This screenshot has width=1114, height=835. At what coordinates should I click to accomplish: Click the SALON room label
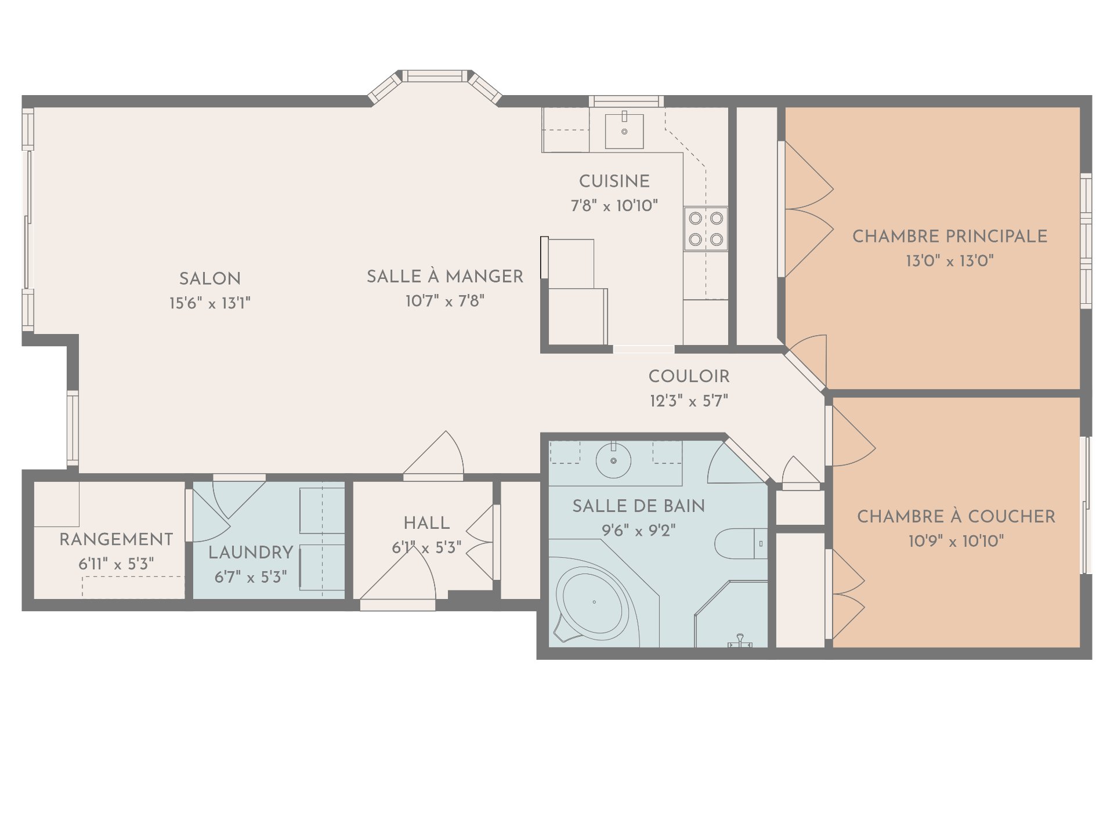coord(210,279)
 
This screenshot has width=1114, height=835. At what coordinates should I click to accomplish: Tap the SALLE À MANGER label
coord(445,277)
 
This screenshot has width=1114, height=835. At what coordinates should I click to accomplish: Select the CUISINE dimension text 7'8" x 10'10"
coord(614,206)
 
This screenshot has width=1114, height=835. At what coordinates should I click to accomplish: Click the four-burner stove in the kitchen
coord(706,229)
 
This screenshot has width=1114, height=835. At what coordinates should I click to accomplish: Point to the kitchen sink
coord(624,131)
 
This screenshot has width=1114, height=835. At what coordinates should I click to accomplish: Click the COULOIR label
coord(689,376)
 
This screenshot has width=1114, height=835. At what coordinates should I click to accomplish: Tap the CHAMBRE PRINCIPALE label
coord(950,237)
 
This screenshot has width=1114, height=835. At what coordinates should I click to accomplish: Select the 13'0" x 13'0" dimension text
coord(950,261)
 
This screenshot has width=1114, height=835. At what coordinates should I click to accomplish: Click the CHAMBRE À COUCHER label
coord(956,517)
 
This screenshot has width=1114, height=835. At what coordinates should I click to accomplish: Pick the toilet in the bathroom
coord(741,543)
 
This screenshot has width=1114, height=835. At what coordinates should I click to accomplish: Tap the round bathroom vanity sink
coord(613,461)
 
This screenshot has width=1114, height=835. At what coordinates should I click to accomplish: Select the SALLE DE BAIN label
coord(639,506)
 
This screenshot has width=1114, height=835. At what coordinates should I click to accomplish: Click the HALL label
coord(427,523)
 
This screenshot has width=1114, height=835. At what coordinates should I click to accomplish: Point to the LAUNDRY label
coord(251,553)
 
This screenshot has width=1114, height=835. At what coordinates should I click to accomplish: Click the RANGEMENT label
coord(116,540)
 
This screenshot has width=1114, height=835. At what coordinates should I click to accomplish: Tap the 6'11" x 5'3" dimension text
coord(116,564)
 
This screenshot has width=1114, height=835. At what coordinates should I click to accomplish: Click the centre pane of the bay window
coord(435,76)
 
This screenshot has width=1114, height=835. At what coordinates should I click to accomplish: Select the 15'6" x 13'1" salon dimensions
coord(210,303)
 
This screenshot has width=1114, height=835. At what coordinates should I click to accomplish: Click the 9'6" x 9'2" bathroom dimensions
coord(639,531)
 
